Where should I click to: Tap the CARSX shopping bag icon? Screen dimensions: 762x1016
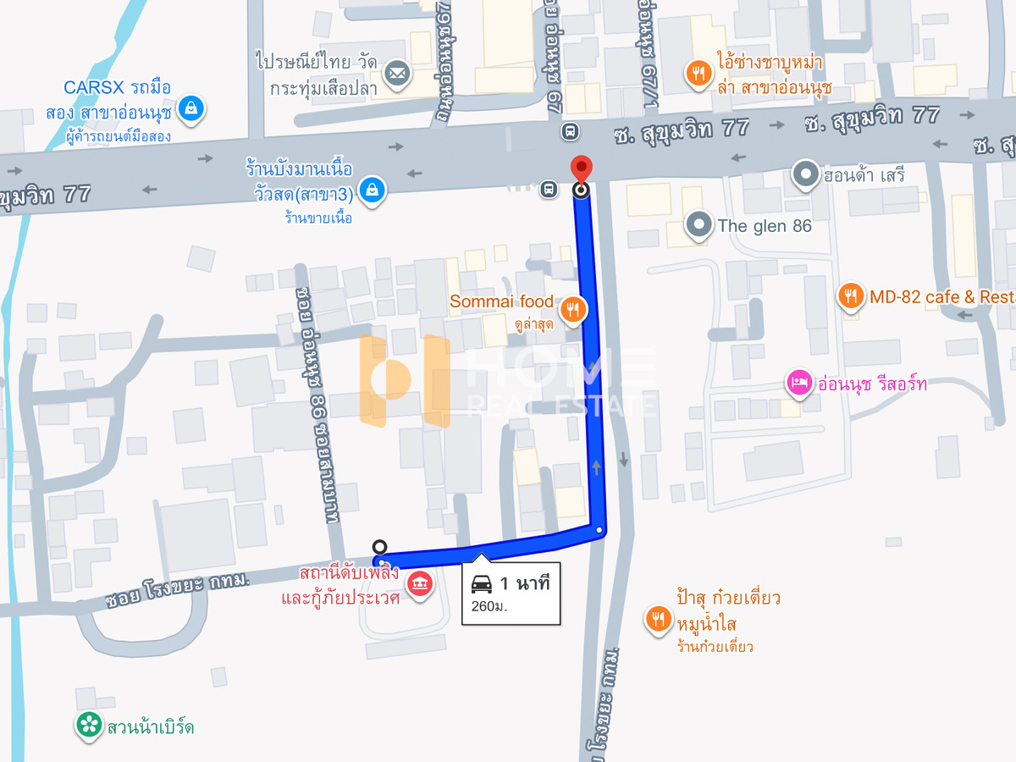[x=192, y=108]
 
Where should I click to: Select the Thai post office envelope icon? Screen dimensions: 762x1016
[x=395, y=74]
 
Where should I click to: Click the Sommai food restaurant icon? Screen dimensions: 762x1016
[x=574, y=310]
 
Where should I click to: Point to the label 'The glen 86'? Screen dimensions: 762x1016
[x=765, y=225]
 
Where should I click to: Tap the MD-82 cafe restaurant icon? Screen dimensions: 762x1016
[x=851, y=296]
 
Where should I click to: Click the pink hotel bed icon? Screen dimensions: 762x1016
[x=798, y=384]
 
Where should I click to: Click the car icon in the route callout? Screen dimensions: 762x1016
[x=482, y=583]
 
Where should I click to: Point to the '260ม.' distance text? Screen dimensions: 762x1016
[x=489, y=605]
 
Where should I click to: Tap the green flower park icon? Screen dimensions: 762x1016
[x=87, y=725]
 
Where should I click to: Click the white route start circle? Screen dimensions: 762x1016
[x=380, y=547]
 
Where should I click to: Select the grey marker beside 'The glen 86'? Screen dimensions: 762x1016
[x=698, y=225]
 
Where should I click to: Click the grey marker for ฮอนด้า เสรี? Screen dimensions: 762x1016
[x=804, y=175]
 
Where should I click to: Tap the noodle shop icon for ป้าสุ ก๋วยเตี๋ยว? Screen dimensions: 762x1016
[x=658, y=620]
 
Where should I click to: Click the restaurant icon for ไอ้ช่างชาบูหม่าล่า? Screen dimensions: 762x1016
[x=698, y=74]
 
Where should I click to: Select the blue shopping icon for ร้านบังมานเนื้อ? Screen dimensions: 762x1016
[x=372, y=190]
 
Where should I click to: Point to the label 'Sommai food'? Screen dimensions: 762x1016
[x=501, y=301]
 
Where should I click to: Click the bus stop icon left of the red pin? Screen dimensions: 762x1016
[x=549, y=189]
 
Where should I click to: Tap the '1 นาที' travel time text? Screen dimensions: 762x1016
[x=525, y=583]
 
